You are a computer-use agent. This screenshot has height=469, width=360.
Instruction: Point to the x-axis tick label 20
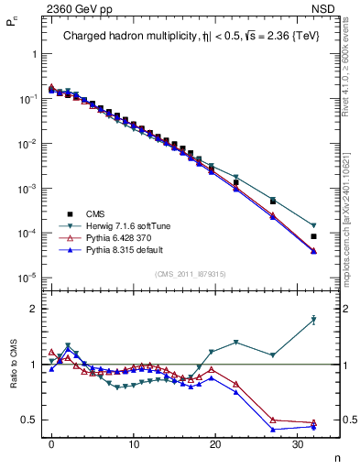215,443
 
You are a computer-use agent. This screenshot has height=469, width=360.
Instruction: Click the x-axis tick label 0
51,443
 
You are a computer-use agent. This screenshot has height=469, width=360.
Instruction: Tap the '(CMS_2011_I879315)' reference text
191,274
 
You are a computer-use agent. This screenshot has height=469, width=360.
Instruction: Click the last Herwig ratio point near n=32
313,320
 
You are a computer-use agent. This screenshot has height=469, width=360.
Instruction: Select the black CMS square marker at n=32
313,236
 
